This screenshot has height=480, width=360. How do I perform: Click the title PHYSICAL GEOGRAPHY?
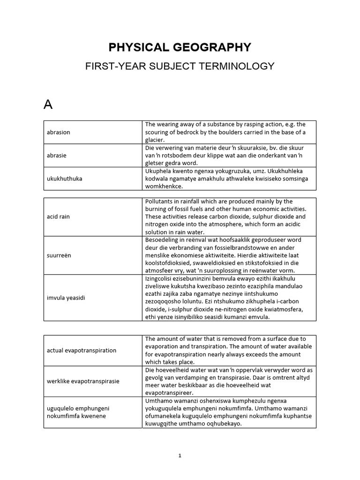coord(180,47)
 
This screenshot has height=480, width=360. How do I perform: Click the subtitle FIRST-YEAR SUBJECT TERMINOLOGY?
coord(180,67)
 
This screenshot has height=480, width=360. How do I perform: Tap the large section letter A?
coord(48,105)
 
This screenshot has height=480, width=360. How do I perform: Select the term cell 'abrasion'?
coord(59,132)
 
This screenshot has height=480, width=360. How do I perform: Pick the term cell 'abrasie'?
coord(58,155)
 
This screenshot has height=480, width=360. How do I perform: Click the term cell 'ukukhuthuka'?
coord(64,179)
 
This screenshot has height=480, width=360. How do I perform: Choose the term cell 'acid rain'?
coord(58,217)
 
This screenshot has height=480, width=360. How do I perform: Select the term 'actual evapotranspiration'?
coord(82,351)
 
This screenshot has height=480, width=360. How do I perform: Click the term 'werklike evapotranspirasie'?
coord(83,381)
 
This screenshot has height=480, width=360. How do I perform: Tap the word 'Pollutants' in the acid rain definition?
coord(159,201)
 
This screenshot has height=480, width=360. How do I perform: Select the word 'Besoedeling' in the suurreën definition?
coord(162,240)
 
